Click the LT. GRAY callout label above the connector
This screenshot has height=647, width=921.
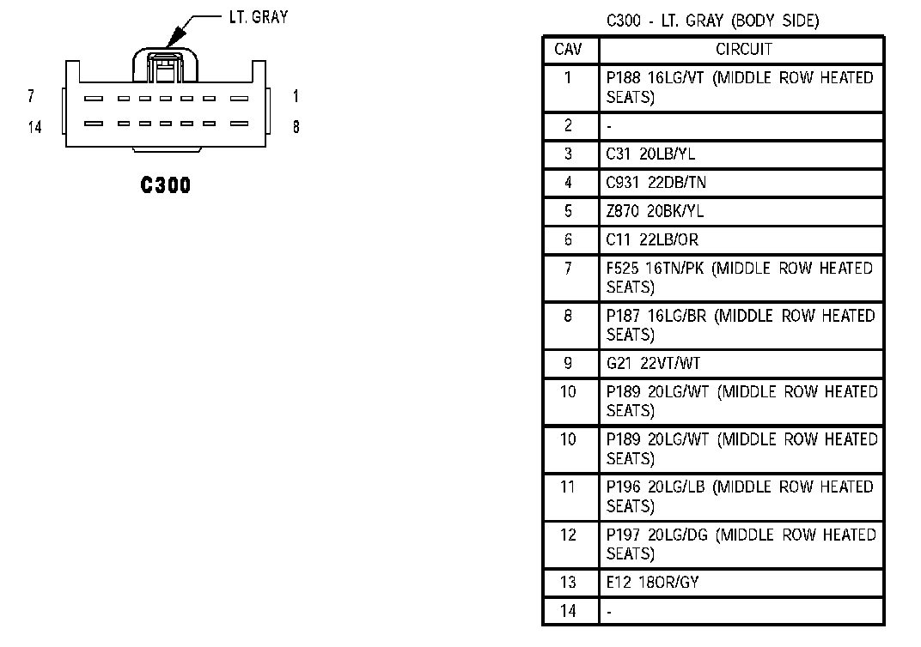[x=259, y=16]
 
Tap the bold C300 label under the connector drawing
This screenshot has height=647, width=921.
[x=166, y=184]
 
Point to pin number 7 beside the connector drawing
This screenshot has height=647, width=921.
[x=31, y=97]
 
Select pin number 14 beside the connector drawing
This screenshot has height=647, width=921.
[x=34, y=128]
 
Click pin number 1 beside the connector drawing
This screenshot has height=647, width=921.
[x=296, y=97]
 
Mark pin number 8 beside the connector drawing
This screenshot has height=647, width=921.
[x=296, y=128]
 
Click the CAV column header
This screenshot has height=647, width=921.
[x=568, y=50]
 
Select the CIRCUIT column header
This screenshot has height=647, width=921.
[x=743, y=50]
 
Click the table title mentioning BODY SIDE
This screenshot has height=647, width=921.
[x=712, y=21]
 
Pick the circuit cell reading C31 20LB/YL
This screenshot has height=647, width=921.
[x=650, y=154]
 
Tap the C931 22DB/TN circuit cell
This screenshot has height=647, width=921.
[x=656, y=183]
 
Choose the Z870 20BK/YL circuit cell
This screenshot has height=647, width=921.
[x=654, y=211]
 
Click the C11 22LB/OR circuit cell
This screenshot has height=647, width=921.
[x=652, y=239]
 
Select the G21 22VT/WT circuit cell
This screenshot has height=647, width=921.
[x=653, y=363]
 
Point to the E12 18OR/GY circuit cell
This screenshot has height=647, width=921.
[x=652, y=583]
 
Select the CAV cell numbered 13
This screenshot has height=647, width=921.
[x=568, y=583]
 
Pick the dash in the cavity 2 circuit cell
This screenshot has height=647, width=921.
[x=609, y=126]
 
